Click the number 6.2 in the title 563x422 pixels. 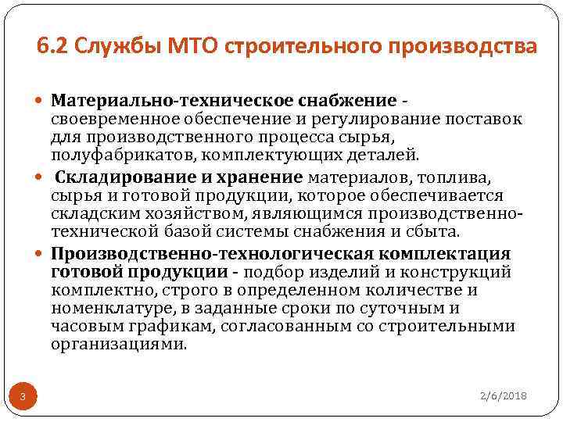coord(50,46)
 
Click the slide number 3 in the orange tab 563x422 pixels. coord(24,398)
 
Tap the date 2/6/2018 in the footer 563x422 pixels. coord(504,396)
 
